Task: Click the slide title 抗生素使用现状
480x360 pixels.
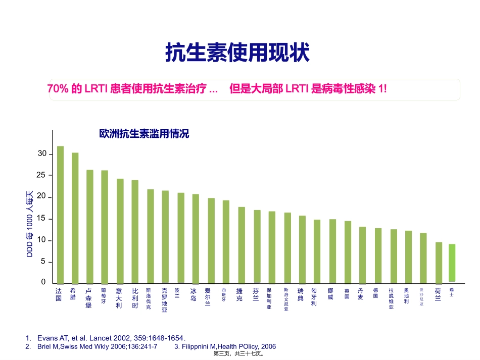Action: point(237,53)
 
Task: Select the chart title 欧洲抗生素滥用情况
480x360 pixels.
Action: point(144,134)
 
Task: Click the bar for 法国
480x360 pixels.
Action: point(60,215)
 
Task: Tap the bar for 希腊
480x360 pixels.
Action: point(75,218)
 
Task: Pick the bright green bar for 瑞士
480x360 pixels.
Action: point(452,263)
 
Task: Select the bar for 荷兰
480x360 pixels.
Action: point(439,263)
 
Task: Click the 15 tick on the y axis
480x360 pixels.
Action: point(42,219)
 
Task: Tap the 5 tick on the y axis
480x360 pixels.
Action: point(43,262)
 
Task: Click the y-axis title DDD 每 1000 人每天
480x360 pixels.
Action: point(30,224)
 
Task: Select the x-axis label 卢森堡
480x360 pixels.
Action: point(89,298)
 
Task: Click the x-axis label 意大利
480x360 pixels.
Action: point(119,298)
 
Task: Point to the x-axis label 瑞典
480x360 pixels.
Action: point(301,294)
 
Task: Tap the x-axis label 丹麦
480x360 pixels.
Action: point(360,294)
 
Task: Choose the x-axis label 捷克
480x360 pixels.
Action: point(239,294)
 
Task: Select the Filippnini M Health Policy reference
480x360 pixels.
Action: point(225,346)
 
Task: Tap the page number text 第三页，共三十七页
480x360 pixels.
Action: point(239,355)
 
